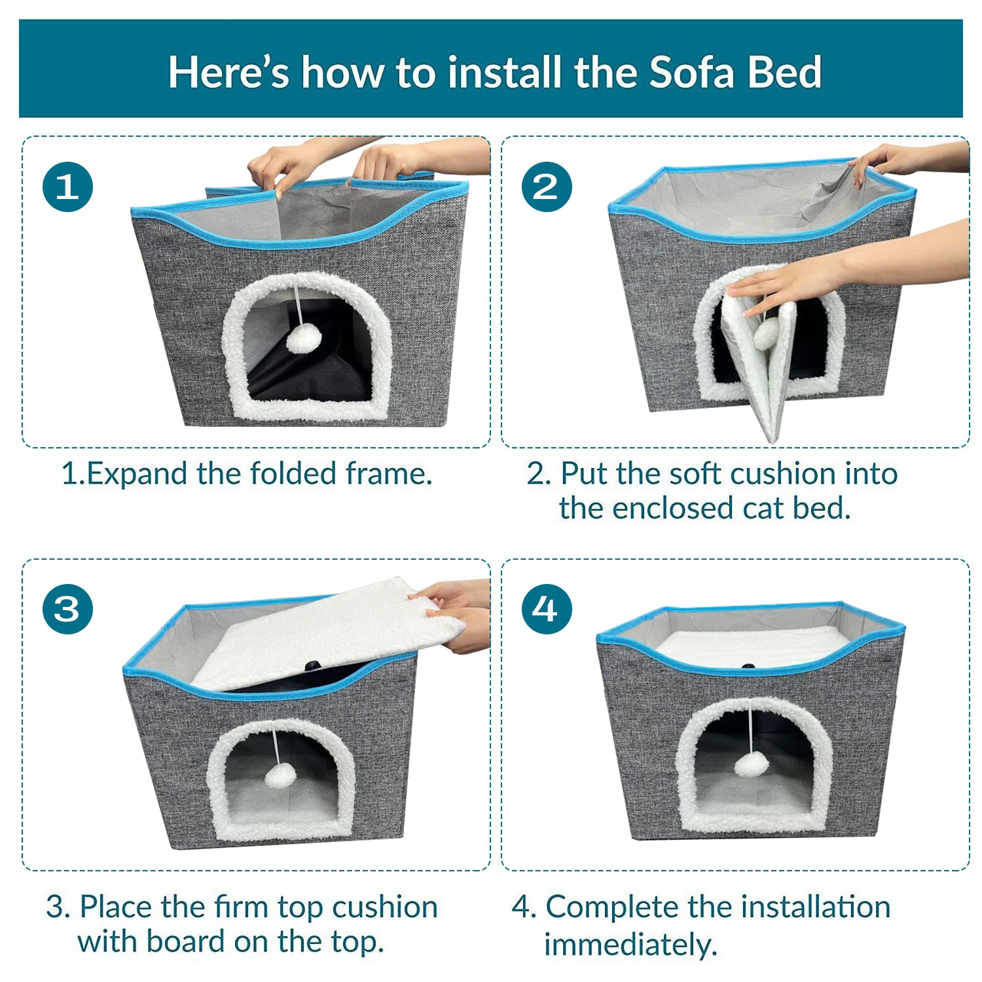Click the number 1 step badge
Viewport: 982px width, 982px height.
[67, 187]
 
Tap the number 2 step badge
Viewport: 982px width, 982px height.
[547, 187]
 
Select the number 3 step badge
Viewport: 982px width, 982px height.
[67, 609]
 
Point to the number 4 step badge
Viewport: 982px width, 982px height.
[547, 609]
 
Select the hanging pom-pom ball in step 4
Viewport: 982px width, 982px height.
[750, 764]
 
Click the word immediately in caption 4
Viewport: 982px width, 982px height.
[630, 945]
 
